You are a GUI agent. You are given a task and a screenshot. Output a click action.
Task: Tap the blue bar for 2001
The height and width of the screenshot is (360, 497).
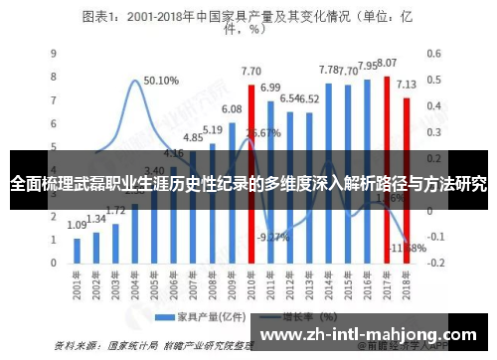[78, 250]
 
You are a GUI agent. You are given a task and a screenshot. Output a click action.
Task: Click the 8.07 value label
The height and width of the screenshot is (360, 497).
[387, 63]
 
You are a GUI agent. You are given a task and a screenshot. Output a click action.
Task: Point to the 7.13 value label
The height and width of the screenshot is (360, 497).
[407, 85]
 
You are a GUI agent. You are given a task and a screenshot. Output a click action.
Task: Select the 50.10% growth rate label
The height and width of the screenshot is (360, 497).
[161, 81]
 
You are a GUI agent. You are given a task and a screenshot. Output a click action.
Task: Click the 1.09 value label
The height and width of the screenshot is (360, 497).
[78, 226]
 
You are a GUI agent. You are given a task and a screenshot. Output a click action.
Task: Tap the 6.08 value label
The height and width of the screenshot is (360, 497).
[232, 108]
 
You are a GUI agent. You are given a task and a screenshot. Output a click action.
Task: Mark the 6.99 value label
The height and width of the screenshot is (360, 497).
[270, 88]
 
